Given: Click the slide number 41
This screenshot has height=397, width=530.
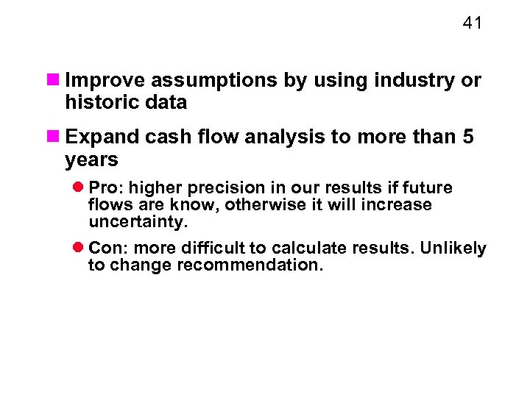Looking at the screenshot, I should (472, 24).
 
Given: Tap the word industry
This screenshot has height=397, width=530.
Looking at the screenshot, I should (420, 80).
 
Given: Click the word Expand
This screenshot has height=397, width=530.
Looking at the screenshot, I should (98, 137).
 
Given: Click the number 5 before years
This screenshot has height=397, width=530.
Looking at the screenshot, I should (468, 137).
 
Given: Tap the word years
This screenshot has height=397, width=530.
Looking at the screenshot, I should (91, 160).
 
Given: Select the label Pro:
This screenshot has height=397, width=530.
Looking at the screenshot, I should (105, 187).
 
